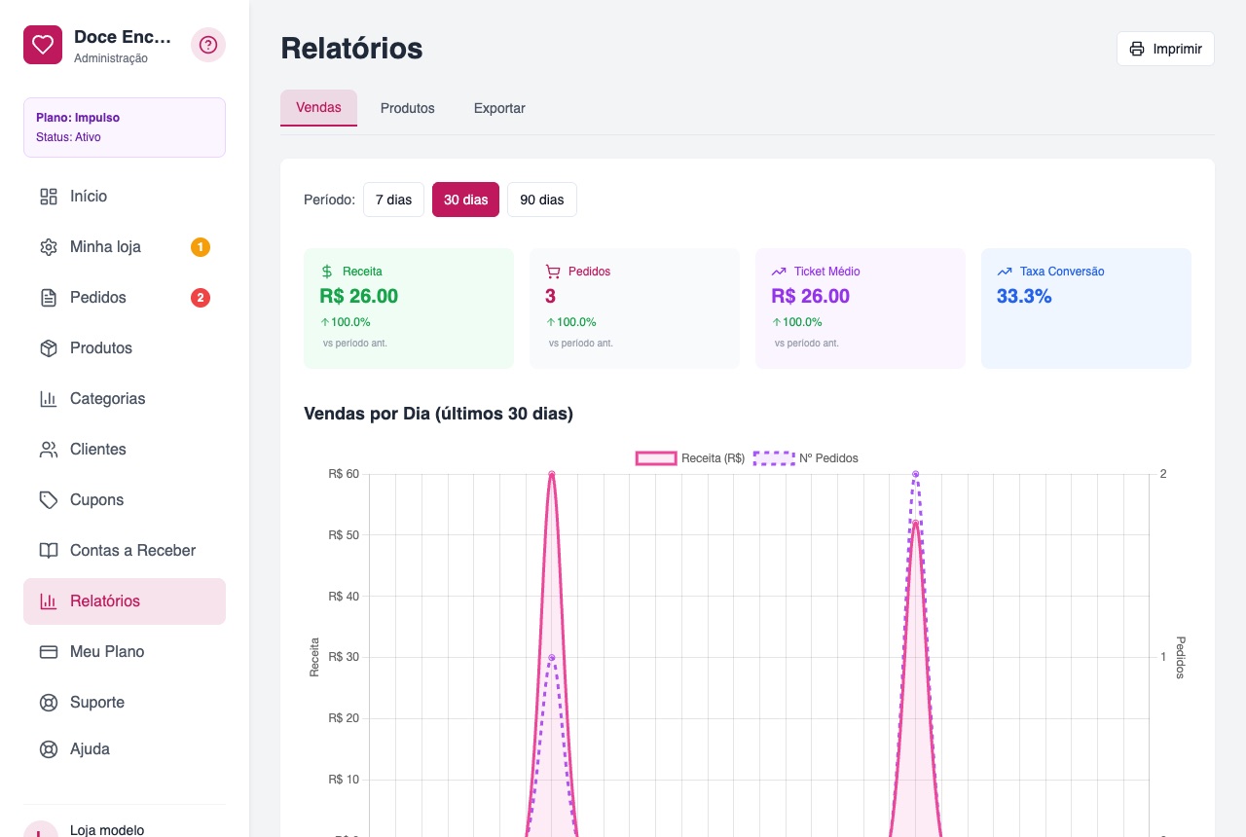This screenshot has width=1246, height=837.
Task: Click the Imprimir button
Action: coord(1165,49)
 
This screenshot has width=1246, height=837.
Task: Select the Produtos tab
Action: coord(407,108)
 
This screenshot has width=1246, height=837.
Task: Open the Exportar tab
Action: coord(499,108)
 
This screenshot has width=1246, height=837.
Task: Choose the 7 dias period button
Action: coord(393,200)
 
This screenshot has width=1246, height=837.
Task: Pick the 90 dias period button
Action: coord(542,200)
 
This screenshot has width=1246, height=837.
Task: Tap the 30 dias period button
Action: coord(465,200)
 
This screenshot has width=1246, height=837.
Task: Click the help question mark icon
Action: coord(208,45)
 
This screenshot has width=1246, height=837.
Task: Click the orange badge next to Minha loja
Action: coord(201,247)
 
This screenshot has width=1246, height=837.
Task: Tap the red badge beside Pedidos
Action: coord(201,298)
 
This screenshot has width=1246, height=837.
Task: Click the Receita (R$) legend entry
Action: coord(690,458)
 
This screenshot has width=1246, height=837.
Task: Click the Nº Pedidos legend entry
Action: coord(805,458)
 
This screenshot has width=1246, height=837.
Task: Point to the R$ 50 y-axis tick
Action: coord(344,535)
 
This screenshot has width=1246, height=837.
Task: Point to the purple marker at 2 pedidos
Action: coord(916,474)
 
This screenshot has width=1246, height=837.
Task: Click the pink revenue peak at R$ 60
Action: coord(552,474)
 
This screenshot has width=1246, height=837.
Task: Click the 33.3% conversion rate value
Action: coord(1024,297)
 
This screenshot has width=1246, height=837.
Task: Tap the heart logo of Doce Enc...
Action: coord(43,45)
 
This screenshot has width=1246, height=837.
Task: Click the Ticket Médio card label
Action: coord(826,272)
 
